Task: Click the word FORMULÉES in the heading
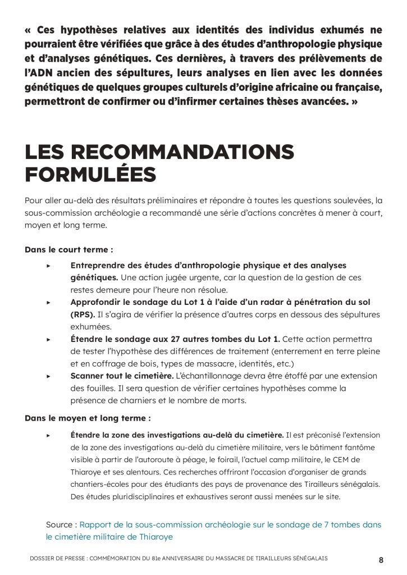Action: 90,174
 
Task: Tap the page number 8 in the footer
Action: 381,559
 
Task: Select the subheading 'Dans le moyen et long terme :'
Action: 88,418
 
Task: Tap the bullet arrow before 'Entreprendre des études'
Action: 49,266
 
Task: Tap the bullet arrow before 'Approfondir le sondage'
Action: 49,302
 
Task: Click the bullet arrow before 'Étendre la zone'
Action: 49,435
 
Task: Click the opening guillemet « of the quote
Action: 29,30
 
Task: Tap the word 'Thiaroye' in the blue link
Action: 154,537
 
